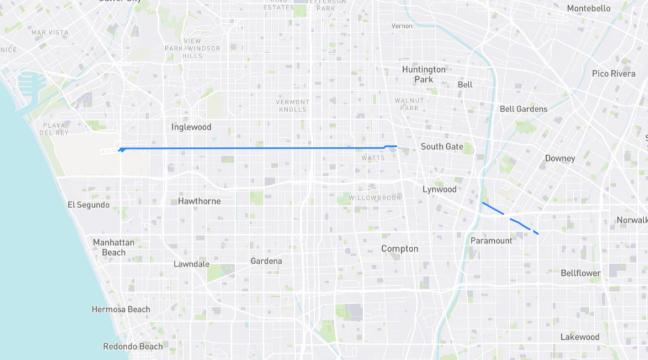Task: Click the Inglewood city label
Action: pyautogui.click(x=191, y=127)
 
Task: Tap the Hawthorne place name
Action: pyautogui.click(x=199, y=201)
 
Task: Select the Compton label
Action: pyautogui.click(x=399, y=249)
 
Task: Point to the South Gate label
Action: pyautogui.click(x=442, y=147)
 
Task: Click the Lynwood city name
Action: pyautogui.click(x=439, y=189)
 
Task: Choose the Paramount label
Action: pyautogui.click(x=491, y=240)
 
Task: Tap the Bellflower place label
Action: pyautogui.click(x=580, y=273)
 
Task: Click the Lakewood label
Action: pyautogui.click(x=580, y=337)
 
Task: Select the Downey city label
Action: pyautogui.click(x=560, y=158)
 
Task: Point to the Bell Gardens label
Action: pyautogui.click(x=523, y=109)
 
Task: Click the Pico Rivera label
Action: pyautogui.click(x=613, y=73)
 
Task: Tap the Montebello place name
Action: pyautogui.click(x=589, y=8)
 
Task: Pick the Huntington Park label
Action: pyautogui.click(x=423, y=74)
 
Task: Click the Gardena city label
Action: pyautogui.click(x=266, y=261)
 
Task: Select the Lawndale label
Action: pyautogui.click(x=192, y=264)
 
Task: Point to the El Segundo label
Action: pyautogui.click(x=89, y=205)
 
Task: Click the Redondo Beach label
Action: pyautogui.click(x=133, y=346)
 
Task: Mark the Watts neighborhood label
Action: pyautogui.click(x=373, y=158)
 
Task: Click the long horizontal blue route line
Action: pyautogui.click(x=253, y=148)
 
